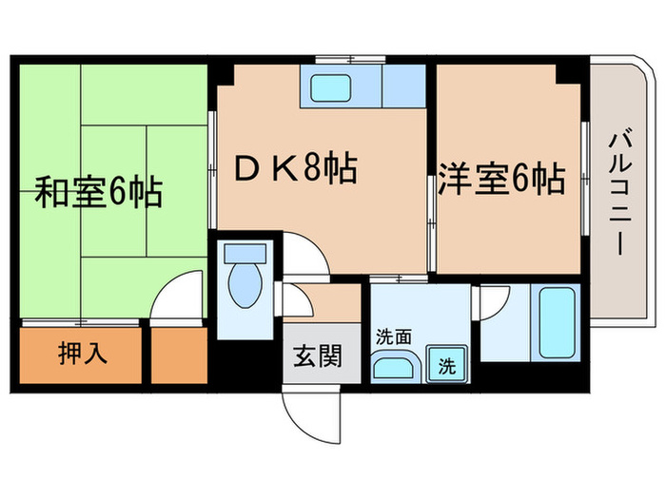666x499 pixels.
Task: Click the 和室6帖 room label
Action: pyautogui.click(x=97, y=193)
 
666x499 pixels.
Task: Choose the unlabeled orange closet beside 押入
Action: pyautogui.click(x=178, y=354)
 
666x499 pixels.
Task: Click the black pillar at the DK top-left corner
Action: pyautogui.click(x=221, y=71)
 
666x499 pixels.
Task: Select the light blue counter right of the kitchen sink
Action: pyautogui.click(x=404, y=86)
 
